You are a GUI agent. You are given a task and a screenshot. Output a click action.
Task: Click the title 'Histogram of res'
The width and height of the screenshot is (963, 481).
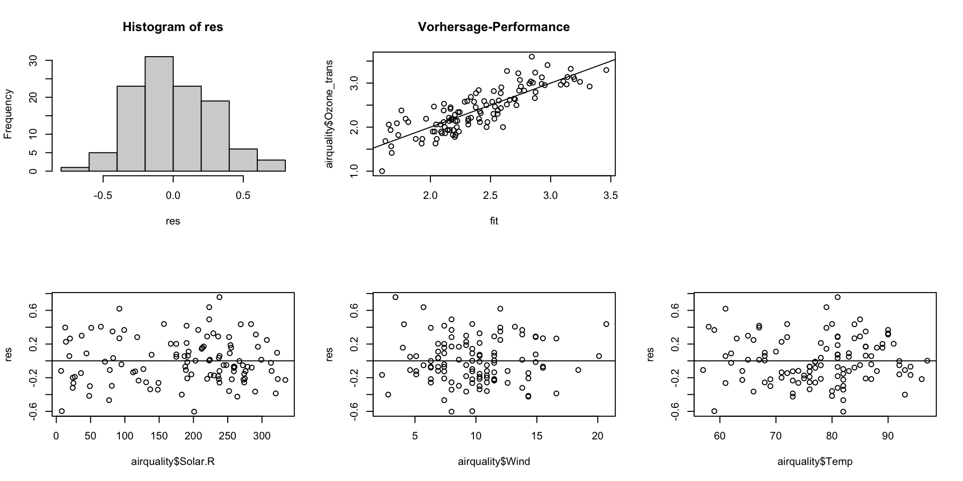click(x=173, y=27)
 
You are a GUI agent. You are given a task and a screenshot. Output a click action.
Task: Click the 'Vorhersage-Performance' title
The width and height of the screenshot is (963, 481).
click(x=494, y=27)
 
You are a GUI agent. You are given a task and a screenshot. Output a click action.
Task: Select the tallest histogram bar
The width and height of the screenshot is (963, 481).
click(x=159, y=114)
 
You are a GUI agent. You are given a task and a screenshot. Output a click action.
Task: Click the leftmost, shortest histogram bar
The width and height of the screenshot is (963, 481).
click(x=75, y=169)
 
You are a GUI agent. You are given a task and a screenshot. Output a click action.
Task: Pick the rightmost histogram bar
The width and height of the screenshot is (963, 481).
click(x=271, y=166)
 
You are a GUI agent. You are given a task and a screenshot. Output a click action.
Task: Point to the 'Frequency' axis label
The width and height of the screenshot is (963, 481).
click(x=8, y=114)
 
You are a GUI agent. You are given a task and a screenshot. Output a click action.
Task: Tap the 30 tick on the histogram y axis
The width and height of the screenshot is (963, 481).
click(x=34, y=61)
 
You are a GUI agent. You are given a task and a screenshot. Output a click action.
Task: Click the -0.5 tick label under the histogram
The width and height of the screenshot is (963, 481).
click(x=103, y=195)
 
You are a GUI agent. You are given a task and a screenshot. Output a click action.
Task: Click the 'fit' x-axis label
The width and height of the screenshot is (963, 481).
click(x=494, y=221)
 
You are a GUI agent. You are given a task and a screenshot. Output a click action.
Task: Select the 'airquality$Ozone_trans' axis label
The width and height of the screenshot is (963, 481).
click(x=330, y=114)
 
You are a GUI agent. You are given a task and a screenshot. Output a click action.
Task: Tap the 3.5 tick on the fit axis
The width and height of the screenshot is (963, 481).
click(x=611, y=195)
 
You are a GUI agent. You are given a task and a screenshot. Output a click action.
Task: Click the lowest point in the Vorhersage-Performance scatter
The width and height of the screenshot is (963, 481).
click(x=382, y=171)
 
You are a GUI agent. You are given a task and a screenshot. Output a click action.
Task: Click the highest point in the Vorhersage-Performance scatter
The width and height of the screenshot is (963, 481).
click(x=532, y=57)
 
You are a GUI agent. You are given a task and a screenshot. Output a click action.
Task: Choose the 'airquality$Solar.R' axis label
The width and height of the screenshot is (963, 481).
click(x=173, y=461)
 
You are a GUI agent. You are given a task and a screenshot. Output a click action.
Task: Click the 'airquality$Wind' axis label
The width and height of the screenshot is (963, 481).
click(x=494, y=461)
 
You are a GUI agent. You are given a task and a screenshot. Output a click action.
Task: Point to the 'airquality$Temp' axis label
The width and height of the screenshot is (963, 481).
click(x=815, y=461)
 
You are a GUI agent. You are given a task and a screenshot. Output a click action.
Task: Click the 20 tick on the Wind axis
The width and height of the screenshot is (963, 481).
click(x=597, y=435)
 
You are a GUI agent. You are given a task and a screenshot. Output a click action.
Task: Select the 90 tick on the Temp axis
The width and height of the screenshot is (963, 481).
click(x=888, y=435)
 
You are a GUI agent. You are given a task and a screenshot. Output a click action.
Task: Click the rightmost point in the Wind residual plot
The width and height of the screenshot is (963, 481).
click(x=606, y=324)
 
